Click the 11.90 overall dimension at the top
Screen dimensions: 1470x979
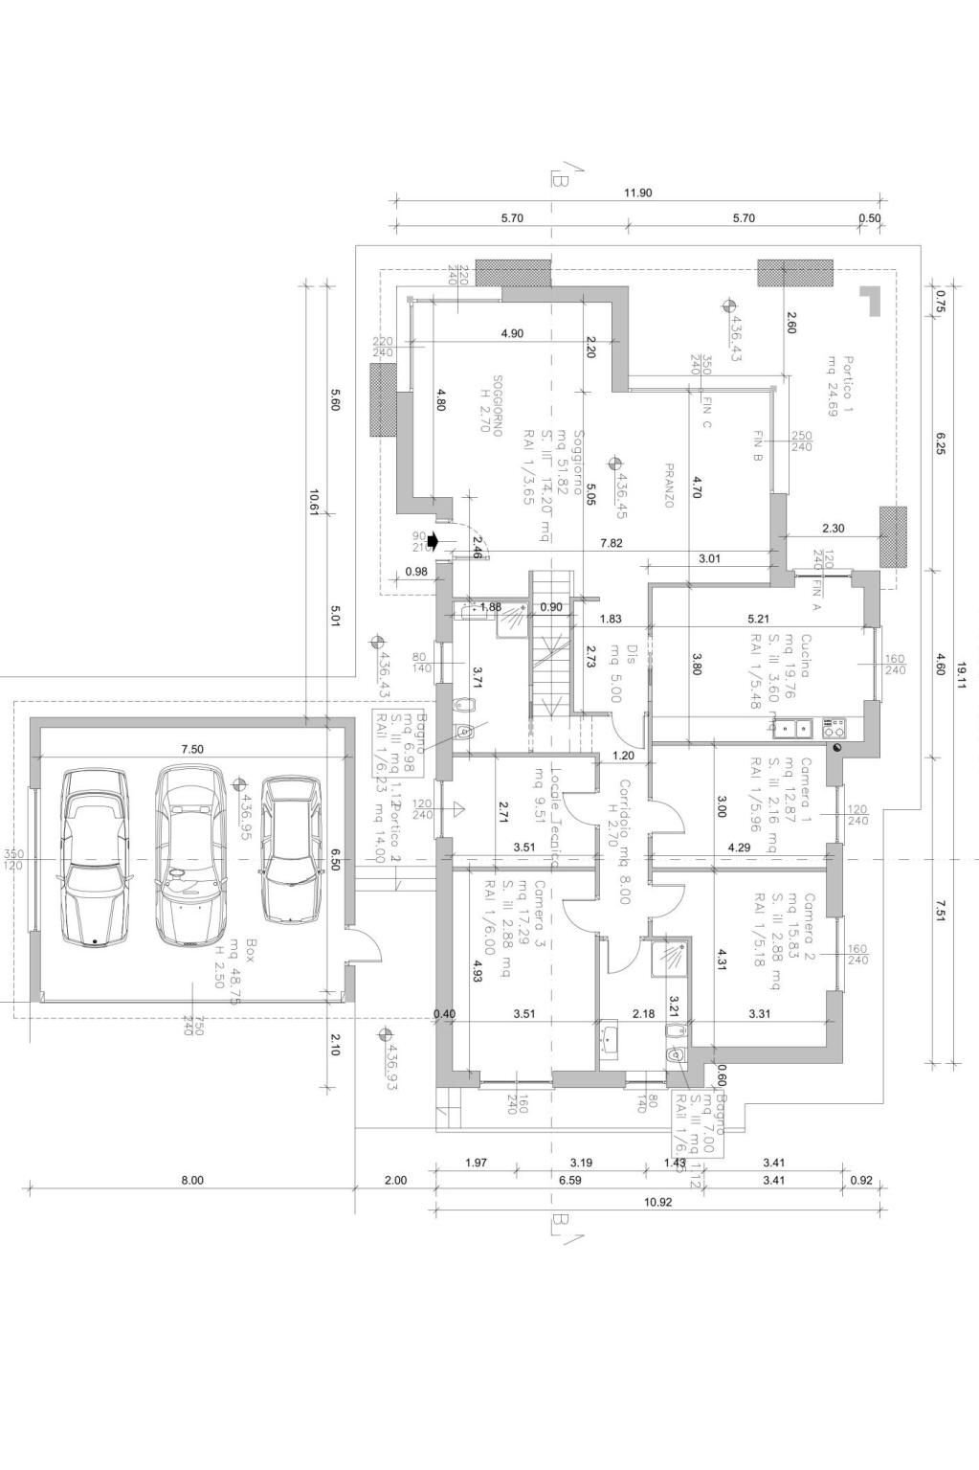coord(638,192)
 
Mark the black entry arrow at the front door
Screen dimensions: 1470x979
coord(433,541)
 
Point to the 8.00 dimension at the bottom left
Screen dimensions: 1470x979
coord(192,1180)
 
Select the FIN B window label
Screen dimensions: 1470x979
coord(757,446)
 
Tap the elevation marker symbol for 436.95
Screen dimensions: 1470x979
coord(242,782)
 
